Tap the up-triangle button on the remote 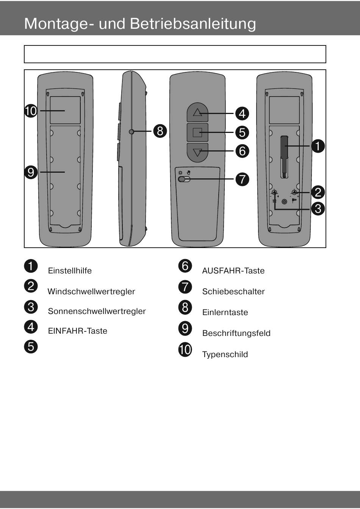(197, 112)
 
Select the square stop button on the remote (197, 133)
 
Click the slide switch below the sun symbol (184, 179)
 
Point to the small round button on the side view (131, 131)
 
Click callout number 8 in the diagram (160, 131)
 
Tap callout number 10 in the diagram (31, 111)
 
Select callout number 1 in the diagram (318, 146)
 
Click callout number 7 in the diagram (242, 179)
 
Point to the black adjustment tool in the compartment (284, 157)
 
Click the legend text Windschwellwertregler (91, 292)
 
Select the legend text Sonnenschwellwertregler (97, 311)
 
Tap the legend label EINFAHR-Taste (78, 331)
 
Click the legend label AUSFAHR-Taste (233, 271)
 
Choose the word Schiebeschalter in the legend (233, 292)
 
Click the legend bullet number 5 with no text (31, 347)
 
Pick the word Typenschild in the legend (225, 354)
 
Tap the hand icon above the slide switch (189, 173)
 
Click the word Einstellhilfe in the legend (70, 271)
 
